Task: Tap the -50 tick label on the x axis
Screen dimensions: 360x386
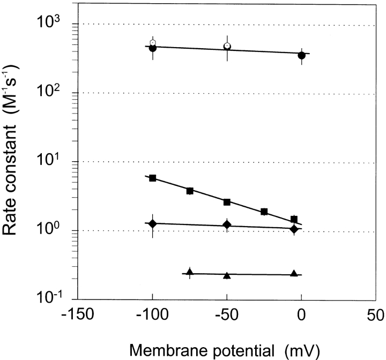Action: point(227,314)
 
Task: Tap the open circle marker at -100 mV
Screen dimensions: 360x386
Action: point(153,42)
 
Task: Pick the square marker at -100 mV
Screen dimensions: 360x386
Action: point(153,178)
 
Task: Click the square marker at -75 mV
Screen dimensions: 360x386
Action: point(190,191)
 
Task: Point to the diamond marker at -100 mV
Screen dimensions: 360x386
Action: point(153,223)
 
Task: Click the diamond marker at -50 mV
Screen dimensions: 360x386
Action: point(227,225)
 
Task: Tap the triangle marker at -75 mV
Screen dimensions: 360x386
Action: point(190,272)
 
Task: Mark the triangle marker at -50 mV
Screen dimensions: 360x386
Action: point(227,275)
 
